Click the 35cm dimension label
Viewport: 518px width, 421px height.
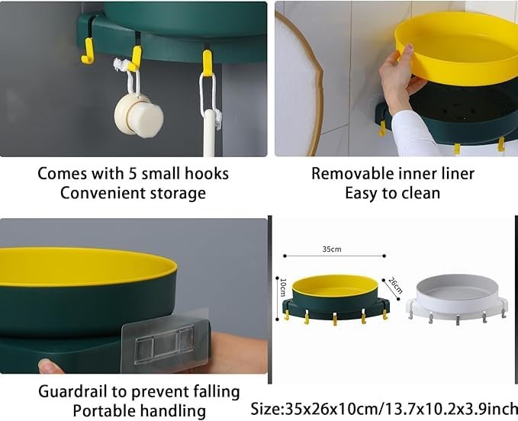(332, 249)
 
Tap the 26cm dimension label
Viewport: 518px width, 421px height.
(395, 285)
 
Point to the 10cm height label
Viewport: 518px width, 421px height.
(283, 288)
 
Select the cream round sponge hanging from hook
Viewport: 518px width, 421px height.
(139, 115)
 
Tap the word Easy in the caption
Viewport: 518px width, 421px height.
(361, 194)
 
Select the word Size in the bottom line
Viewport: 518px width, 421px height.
(265, 409)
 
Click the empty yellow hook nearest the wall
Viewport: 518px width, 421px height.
(88, 50)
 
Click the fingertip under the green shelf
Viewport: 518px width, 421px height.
(50, 367)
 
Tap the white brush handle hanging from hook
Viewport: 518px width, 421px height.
(210, 132)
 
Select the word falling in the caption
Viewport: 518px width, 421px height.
(212, 392)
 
